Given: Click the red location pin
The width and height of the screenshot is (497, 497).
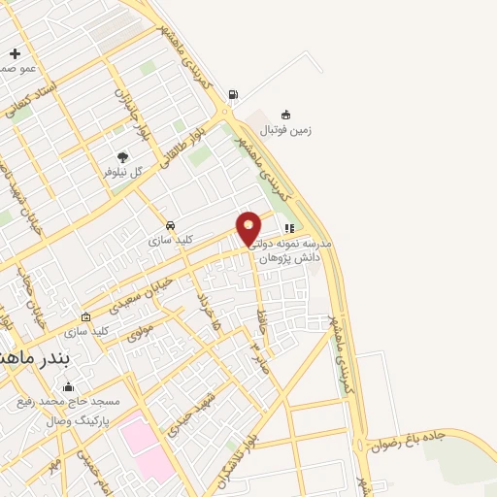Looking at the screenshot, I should (249, 228).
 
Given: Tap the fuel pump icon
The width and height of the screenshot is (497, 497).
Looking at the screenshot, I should (233, 94).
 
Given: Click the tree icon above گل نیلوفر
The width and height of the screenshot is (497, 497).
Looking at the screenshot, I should (122, 157).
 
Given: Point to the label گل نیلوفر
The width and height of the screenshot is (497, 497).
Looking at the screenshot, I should (123, 172).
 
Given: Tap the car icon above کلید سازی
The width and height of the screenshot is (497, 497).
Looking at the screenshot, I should (171, 225).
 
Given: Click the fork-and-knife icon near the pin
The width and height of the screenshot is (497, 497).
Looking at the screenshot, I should (289, 229).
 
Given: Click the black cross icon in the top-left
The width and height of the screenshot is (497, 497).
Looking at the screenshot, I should (14, 54).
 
